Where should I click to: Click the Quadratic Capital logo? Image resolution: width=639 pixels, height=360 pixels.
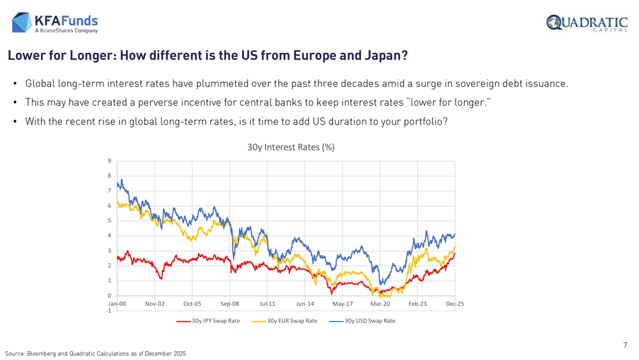pos(587,23)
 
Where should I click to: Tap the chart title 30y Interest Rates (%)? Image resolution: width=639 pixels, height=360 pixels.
pos(291,147)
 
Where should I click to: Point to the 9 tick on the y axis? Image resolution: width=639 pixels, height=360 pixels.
pos(110,161)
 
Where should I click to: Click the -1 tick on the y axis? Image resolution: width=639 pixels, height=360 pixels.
pos(109,311)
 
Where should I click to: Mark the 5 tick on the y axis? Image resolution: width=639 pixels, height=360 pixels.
pos(110,221)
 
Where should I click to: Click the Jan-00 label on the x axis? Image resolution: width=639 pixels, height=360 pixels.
pos(117,304)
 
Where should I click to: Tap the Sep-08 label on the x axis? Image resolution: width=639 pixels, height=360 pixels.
pos(230,304)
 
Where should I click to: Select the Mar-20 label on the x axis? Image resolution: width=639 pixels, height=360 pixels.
pos(380,304)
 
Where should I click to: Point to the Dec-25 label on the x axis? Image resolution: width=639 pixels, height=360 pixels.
pos(455,304)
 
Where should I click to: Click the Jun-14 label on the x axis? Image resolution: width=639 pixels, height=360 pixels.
pos(305,304)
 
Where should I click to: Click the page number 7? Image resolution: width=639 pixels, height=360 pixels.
pos(625,345)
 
